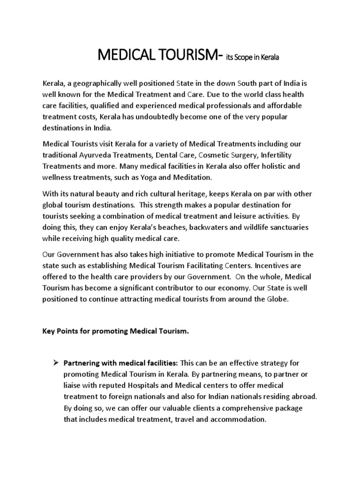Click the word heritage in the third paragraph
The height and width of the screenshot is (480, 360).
194,195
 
